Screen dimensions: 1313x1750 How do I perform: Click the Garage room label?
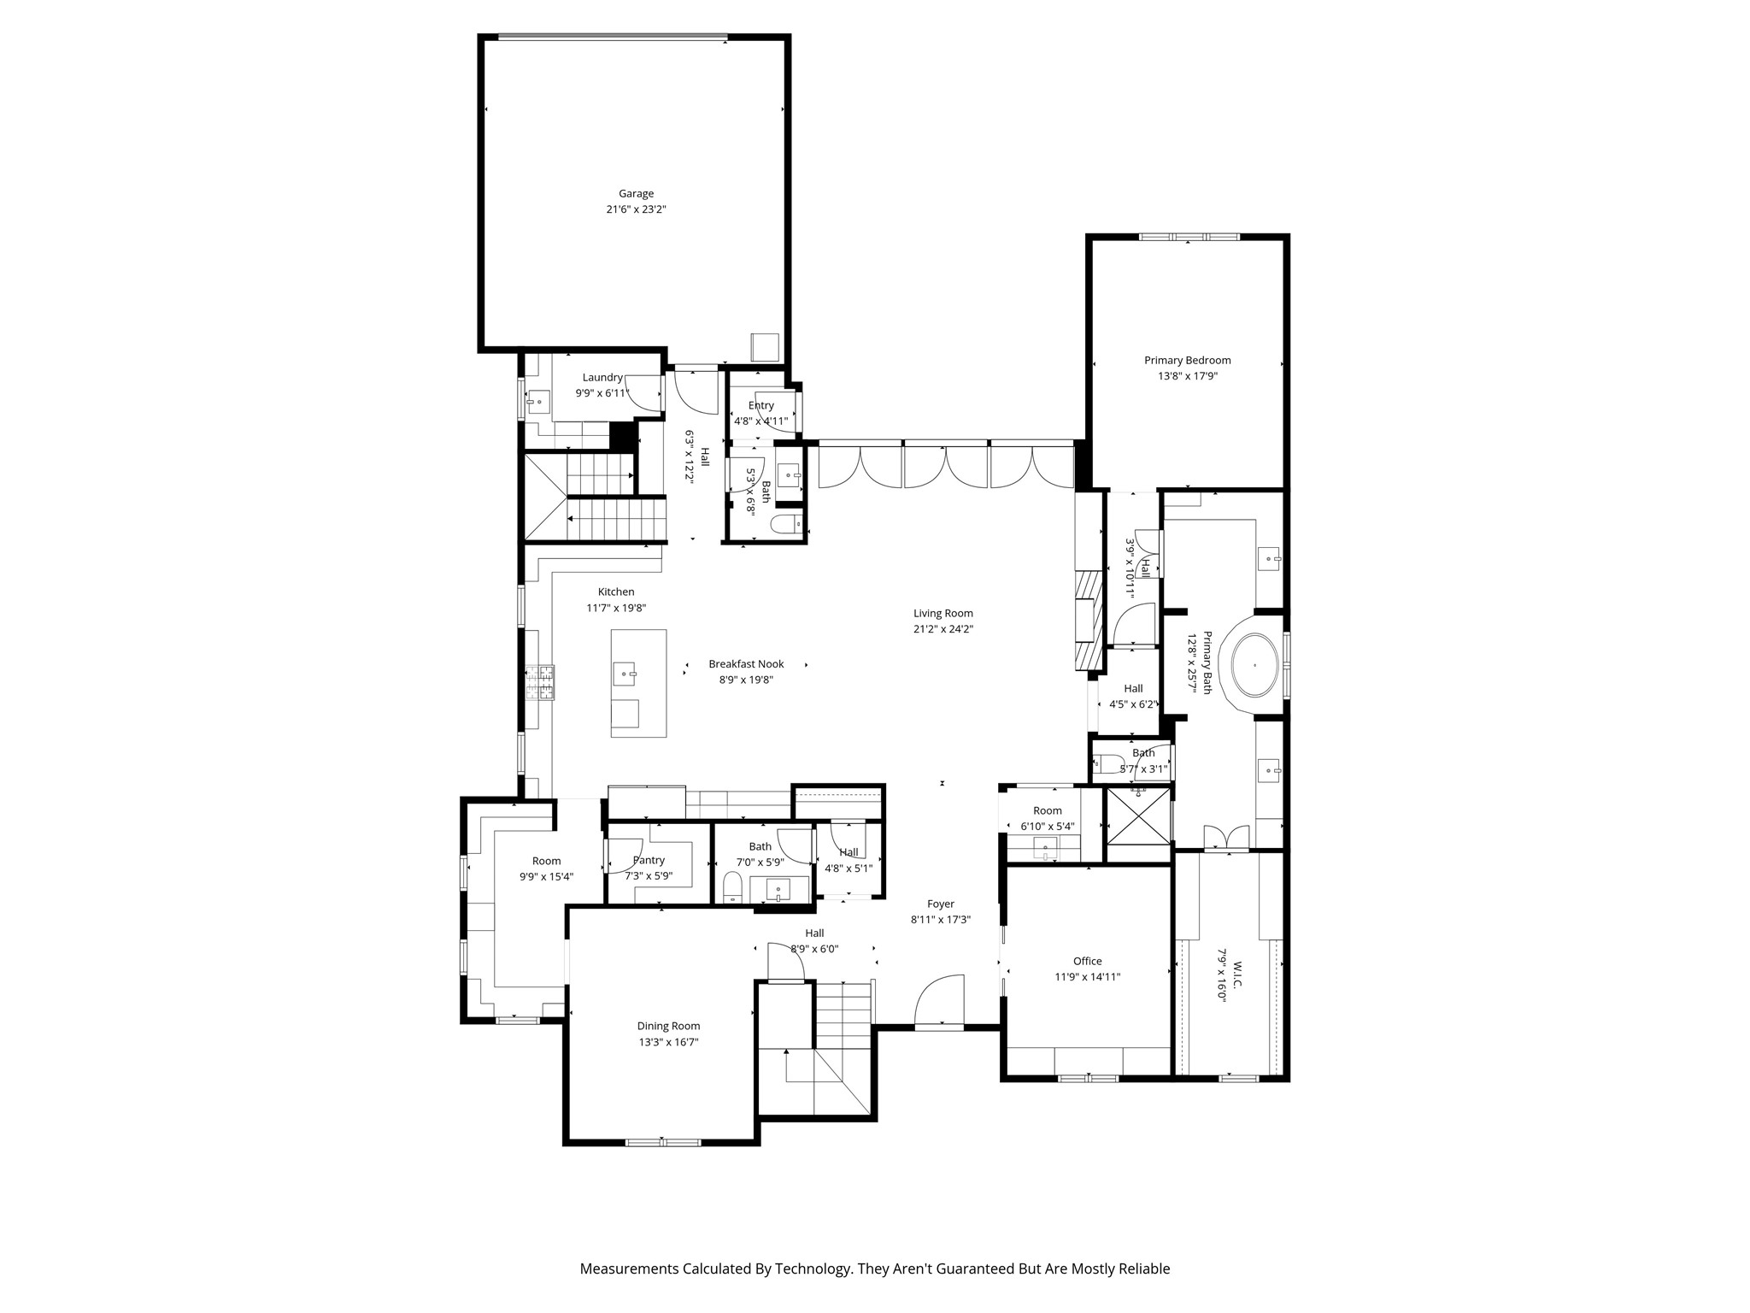(636, 194)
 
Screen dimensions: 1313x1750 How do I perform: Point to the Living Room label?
(943, 613)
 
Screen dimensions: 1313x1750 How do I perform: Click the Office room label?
(1087, 961)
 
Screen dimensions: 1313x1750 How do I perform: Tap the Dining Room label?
(668, 1026)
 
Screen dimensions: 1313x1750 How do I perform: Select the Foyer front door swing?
(938, 1002)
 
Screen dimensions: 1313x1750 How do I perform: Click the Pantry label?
(649, 860)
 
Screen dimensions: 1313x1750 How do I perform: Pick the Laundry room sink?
(538, 400)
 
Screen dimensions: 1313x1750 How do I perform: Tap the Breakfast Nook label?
(746, 664)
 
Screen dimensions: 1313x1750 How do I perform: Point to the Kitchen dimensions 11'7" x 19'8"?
(616, 608)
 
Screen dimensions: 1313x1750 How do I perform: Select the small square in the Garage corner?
(765, 346)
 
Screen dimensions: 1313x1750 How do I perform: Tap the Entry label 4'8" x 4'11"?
(760, 405)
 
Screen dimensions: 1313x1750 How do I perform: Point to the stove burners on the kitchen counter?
(540, 681)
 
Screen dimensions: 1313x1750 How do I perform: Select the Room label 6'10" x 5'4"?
(1047, 810)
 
